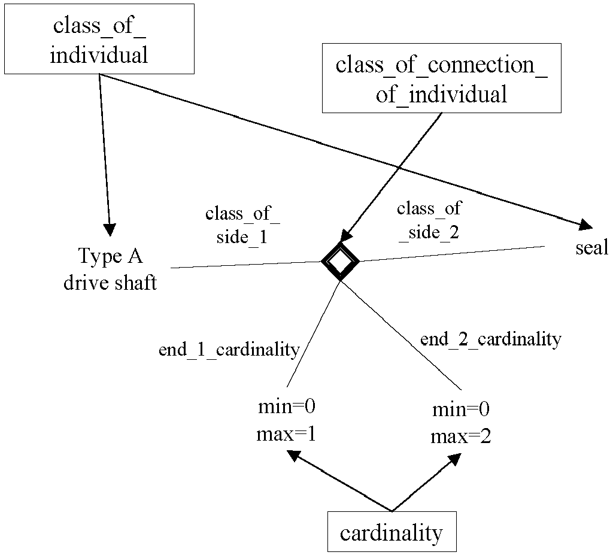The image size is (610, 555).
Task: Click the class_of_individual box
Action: (99, 39)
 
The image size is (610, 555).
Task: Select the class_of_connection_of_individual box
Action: (442, 78)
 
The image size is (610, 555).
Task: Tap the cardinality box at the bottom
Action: (392, 532)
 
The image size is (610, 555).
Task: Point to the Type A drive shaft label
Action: (111, 269)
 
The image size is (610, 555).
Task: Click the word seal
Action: (591, 247)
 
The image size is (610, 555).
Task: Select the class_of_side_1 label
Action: (242, 225)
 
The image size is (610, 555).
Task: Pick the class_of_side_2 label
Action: (429, 220)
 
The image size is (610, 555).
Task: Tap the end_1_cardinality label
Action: (229, 350)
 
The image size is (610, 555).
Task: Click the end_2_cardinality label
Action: (491, 339)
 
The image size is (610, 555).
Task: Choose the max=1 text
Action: (286, 434)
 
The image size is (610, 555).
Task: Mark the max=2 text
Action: (461, 436)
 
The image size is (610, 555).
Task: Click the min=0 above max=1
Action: (287, 407)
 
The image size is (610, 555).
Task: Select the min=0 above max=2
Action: (461, 409)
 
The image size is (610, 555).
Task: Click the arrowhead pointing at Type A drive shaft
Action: (110, 230)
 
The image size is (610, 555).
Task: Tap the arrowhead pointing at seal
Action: (585, 225)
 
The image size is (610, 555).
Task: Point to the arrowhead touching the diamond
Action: (346, 235)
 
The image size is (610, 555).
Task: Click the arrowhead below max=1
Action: (294, 456)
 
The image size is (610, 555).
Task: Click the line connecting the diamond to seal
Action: (452, 254)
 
